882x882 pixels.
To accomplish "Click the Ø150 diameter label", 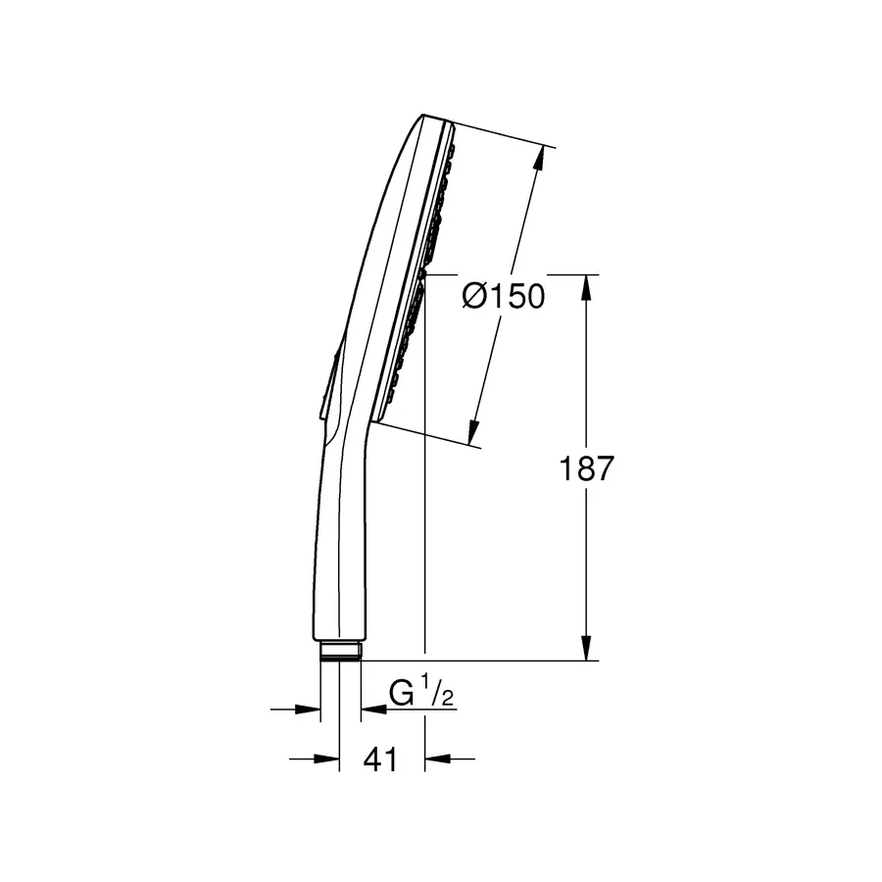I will click(x=502, y=295).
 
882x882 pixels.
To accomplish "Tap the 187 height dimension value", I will click(x=586, y=469).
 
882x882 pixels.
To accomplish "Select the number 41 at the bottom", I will click(x=380, y=759).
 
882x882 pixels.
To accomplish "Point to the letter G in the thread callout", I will click(x=401, y=694).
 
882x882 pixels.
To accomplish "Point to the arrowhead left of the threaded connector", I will click(x=311, y=708).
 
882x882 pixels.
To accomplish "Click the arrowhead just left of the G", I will click(x=371, y=708).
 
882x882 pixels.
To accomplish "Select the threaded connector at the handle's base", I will click(x=340, y=651).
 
